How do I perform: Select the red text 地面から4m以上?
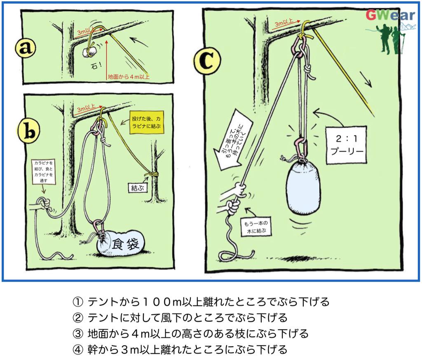(x=128, y=76)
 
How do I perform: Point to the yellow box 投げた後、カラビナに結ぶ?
(x=145, y=122)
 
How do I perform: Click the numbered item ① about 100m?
(x=201, y=302)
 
